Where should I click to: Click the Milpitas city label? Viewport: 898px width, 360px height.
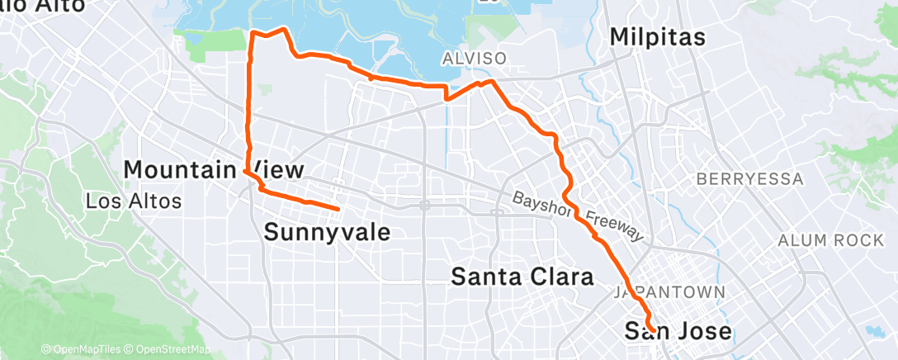point(658,37)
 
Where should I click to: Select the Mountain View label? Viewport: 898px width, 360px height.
point(214,170)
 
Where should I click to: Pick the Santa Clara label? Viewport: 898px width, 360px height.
point(522,277)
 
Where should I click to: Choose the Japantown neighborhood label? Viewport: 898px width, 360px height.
point(669,293)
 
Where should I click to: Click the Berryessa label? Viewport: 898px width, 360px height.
point(749,178)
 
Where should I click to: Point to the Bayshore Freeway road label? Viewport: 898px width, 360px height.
point(577,217)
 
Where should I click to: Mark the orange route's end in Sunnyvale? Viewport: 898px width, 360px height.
point(338,208)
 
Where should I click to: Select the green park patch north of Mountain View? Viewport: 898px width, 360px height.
point(210,45)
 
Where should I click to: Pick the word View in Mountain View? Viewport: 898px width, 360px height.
point(276,170)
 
